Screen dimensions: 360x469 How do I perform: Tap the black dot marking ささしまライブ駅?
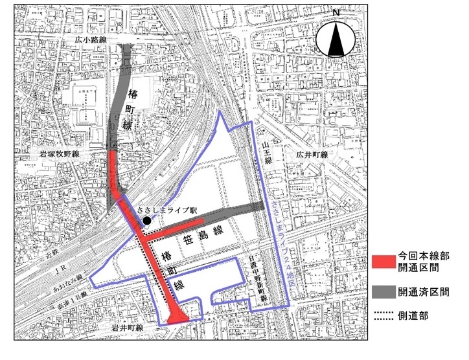pos(147,221)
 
